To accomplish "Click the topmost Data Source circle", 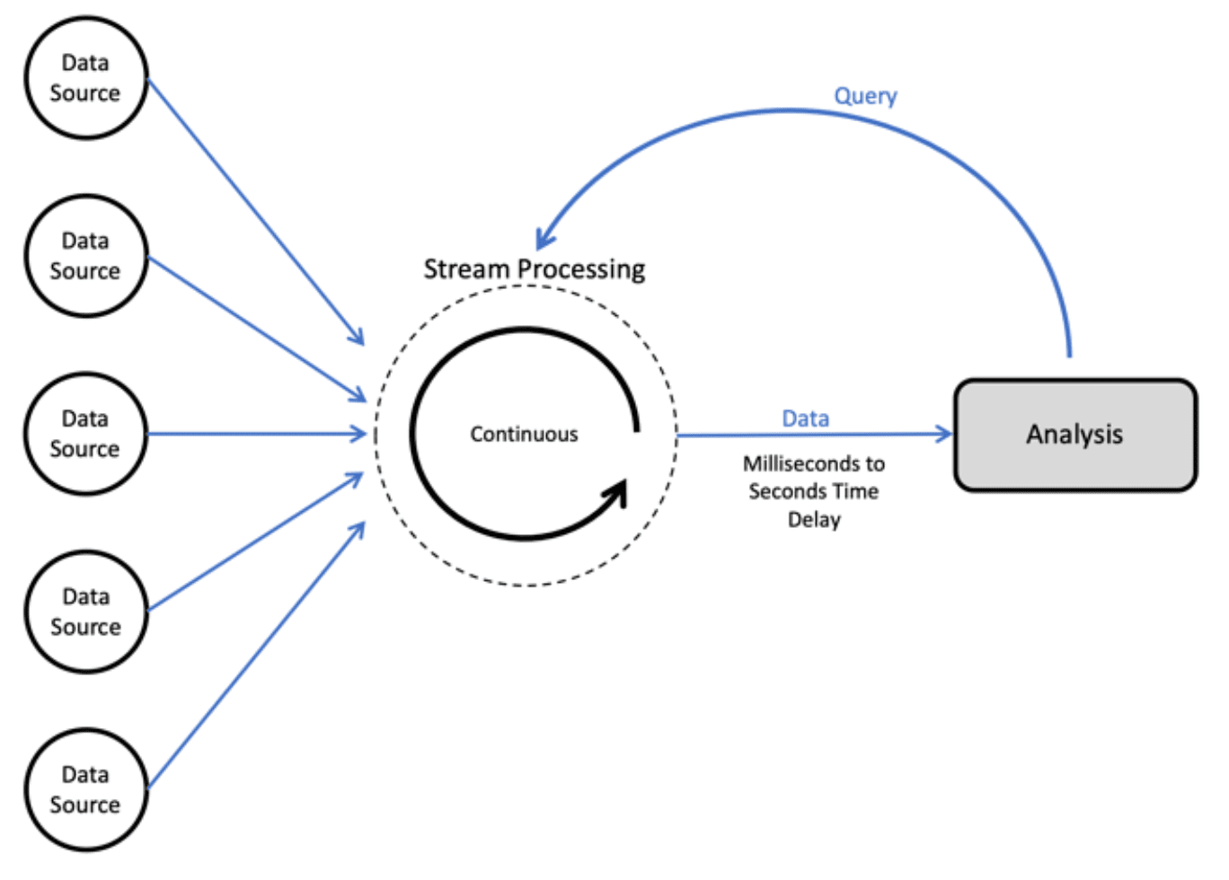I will pyautogui.click(x=85, y=77).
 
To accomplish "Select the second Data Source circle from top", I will pyautogui.click(x=85, y=256).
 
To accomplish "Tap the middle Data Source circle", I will pyautogui.click(x=85, y=434).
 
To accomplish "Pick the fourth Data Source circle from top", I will pyautogui.click(x=85, y=612).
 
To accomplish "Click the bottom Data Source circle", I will pyautogui.click(x=85, y=789).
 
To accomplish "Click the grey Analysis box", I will pyautogui.click(x=1074, y=435).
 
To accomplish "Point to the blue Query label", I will pyautogui.click(x=865, y=95).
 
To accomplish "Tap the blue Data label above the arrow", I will pyautogui.click(x=805, y=418).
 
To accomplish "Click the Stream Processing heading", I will pyautogui.click(x=534, y=268).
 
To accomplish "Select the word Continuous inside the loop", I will pyautogui.click(x=524, y=434).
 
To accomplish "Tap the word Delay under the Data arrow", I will pyautogui.click(x=814, y=520).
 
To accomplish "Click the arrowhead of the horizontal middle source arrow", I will pyautogui.click(x=360, y=435).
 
